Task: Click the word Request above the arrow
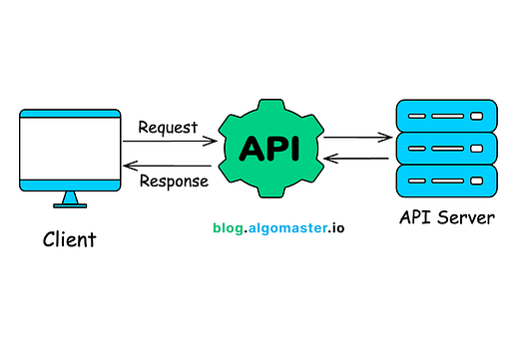pos(169,128)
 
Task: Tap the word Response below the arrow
pos(173,180)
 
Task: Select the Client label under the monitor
pos(71,239)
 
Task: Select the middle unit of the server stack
pos(446,149)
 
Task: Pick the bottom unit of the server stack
pos(446,180)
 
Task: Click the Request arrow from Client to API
pos(169,142)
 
